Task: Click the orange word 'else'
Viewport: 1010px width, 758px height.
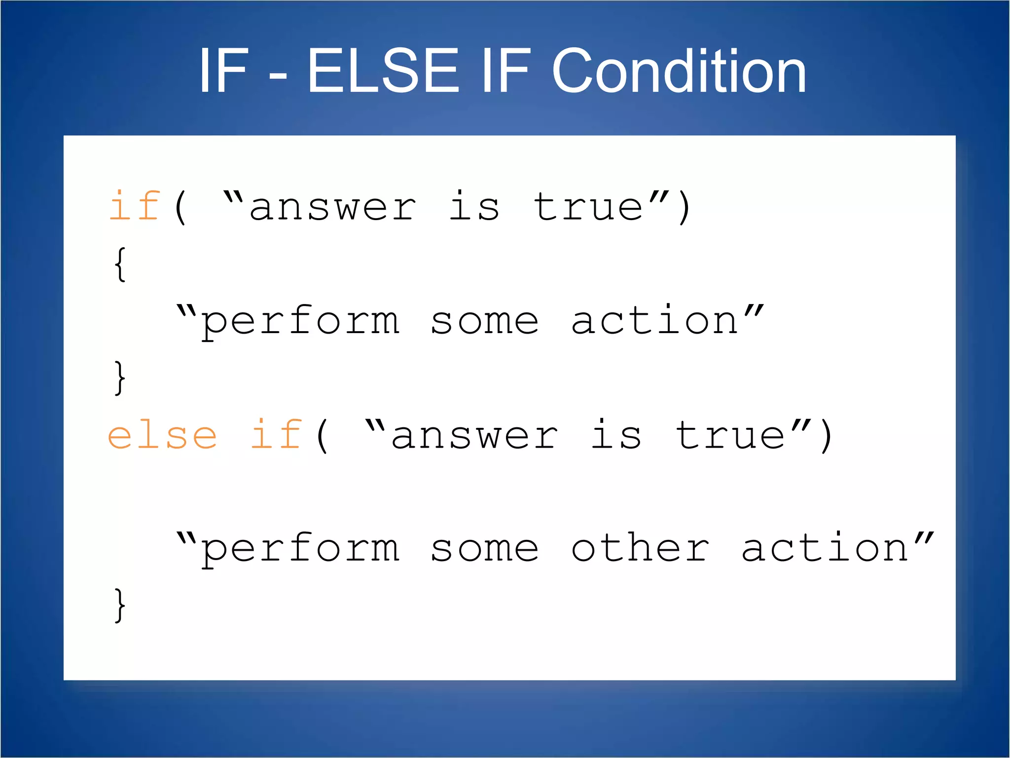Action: click(162, 435)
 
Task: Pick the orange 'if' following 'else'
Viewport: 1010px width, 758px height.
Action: click(276, 435)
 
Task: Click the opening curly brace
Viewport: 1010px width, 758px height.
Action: click(120, 265)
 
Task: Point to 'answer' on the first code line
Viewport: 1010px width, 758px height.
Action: click(333, 207)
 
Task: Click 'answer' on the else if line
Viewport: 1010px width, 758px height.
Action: click(474, 436)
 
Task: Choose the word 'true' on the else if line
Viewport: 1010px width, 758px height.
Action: click(730, 435)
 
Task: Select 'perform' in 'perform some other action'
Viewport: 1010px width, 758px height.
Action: click(300, 549)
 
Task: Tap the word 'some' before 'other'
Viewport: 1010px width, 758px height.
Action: click(484, 549)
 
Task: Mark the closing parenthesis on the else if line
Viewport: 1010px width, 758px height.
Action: click(827, 436)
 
